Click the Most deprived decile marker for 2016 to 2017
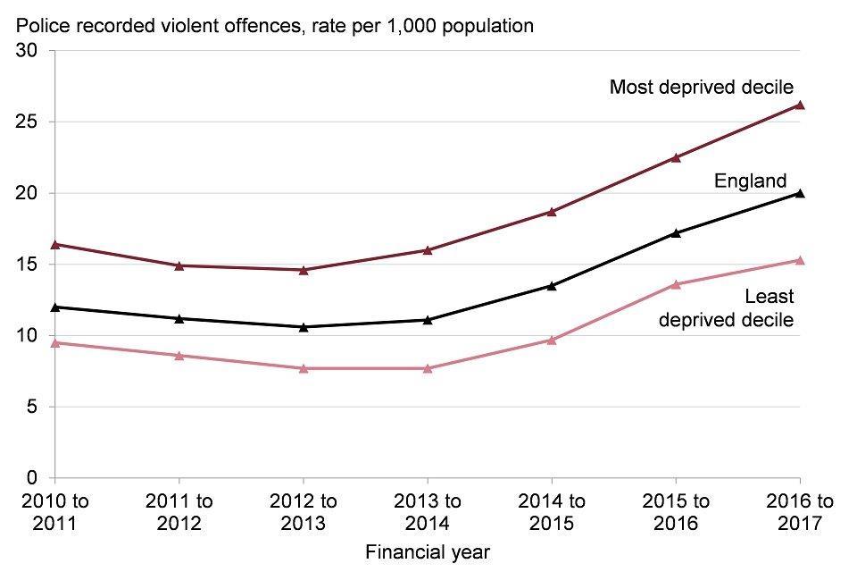click(x=800, y=105)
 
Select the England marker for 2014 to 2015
click(x=552, y=286)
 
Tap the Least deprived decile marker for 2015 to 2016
click(x=676, y=284)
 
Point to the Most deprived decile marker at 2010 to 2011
click(x=55, y=244)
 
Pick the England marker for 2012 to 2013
click(x=304, y=327)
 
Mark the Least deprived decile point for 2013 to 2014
click(x=428, y=368)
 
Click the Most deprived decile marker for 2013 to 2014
click(x=428, y=250)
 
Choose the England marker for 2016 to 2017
click(x=800, y=193)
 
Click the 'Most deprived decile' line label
click(x=701, y=87)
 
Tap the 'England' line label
click(x=750, y=181)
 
